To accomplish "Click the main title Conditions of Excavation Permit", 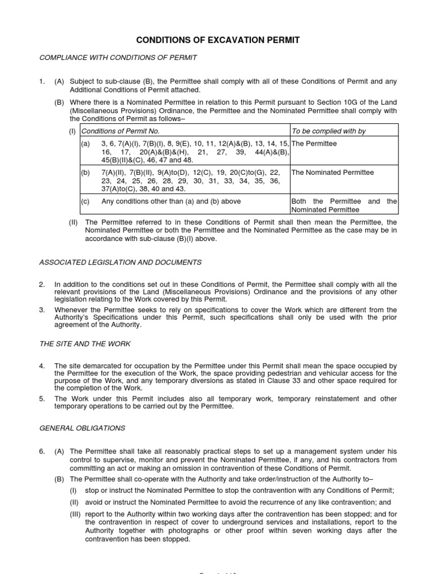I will (216, 40).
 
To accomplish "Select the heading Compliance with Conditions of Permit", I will (118, 58).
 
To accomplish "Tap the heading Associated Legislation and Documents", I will (120, 262).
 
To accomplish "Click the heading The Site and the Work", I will (85, 344).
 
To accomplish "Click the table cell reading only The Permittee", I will (314, 143).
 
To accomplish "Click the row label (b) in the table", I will (85, 173).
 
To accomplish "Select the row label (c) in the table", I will (85, 201).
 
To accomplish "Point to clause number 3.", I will (42, 309).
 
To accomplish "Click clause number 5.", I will (42, 399).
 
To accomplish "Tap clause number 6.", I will (42, 451).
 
